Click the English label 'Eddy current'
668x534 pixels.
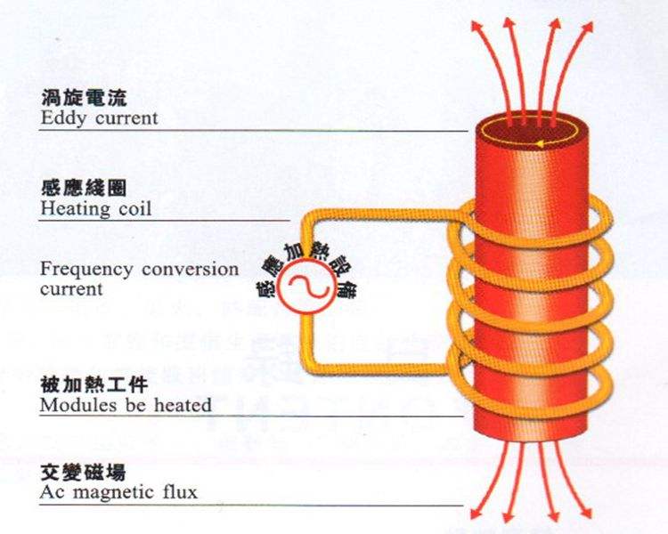tap(99, 117)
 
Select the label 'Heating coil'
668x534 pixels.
tap(96, 210)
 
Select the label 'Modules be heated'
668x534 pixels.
tap(126, 405)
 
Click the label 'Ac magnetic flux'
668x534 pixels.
tap(118, 491)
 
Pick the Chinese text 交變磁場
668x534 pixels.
tap(75, 471)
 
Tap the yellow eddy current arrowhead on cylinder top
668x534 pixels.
tap(537, 142)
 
